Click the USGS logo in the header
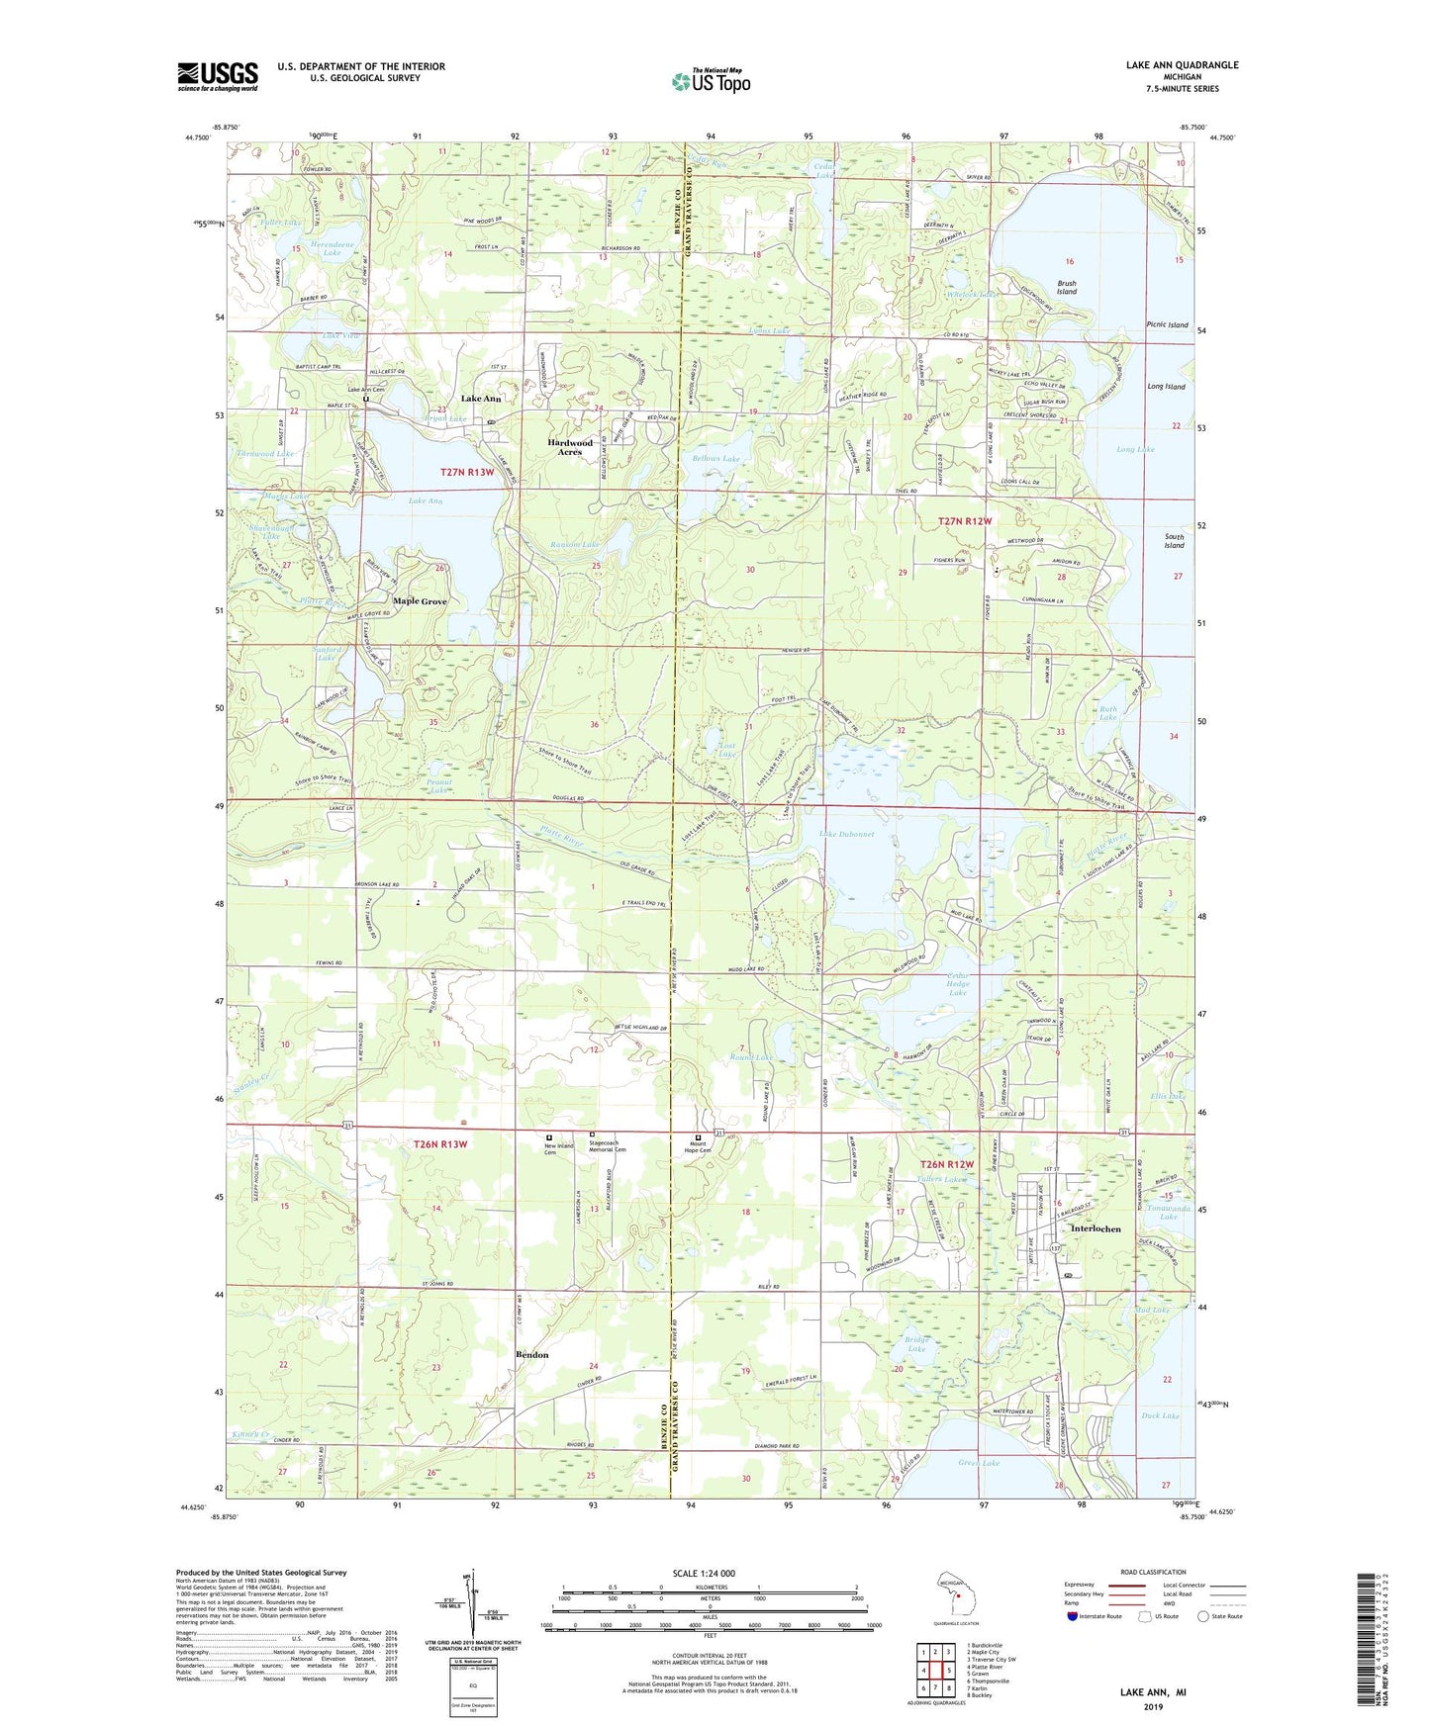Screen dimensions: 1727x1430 [x=218, y=76]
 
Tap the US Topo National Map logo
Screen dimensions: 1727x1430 [x=711, y=81]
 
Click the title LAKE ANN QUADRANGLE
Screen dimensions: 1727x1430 [x=1182, y=65]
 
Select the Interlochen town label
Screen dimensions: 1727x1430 [x=1096, y=1228]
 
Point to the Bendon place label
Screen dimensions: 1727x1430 [x=531, y=1354]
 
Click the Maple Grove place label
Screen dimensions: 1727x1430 [x=420, y=601]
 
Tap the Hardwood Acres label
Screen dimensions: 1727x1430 [x=570, y=447]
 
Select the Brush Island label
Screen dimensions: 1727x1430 [x=1066, y=288]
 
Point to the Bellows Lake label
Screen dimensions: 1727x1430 [x=716, y=459]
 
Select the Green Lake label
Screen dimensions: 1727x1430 [x=979, y=1462]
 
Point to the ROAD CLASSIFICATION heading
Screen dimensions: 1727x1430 [x=1154, y=1572]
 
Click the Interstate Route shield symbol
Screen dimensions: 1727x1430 [x=1073, y=1616]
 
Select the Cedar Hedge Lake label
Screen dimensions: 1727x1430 [x=957, y=984]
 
